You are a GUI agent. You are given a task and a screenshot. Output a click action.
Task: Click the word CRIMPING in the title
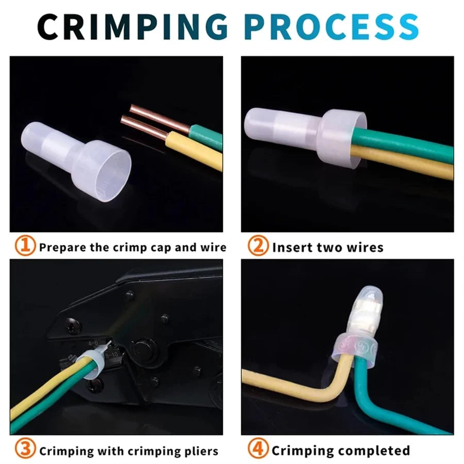[132, 27]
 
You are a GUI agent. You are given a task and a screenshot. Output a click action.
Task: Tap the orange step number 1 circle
[25, 245]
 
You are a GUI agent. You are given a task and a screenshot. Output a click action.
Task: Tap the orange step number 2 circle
[258, 245]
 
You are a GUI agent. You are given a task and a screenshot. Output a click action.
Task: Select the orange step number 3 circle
[25, 449]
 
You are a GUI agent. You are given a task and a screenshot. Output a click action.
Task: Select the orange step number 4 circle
[258, 449]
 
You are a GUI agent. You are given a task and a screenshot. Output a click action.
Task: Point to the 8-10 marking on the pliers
[112, 355]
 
